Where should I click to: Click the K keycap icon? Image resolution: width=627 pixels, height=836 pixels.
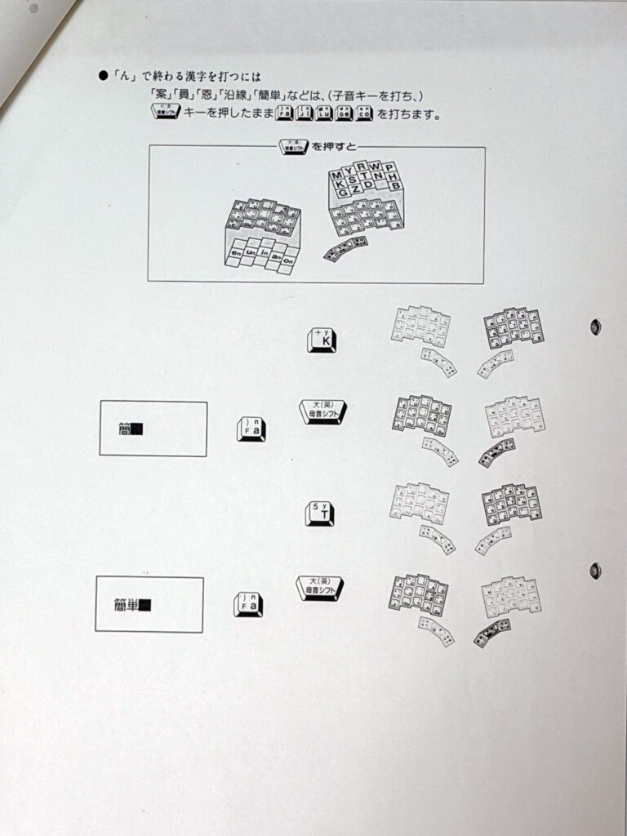[x=321, y=340]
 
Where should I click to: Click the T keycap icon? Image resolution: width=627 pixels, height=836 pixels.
[x=319, y=514]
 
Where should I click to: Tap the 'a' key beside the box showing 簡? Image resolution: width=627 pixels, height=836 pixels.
[x=251, y=429]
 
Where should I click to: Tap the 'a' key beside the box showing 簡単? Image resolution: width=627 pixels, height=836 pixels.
[x=248, y=604]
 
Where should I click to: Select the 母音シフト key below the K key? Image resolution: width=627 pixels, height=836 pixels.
[x=322, y=412]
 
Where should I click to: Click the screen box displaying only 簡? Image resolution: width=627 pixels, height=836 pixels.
[x=153, y=429]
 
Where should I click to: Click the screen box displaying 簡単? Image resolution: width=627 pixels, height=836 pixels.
[x=149, y=604]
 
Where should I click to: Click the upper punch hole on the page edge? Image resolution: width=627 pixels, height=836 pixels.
[x=596, y=327]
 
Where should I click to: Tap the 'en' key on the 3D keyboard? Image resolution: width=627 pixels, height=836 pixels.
[x=235, y=253]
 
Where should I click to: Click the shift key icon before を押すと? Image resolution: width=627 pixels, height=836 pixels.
[x=292, y=147]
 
